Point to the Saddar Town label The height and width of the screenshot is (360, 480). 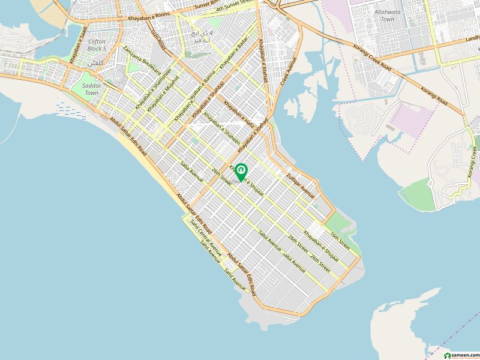[91, 89]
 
